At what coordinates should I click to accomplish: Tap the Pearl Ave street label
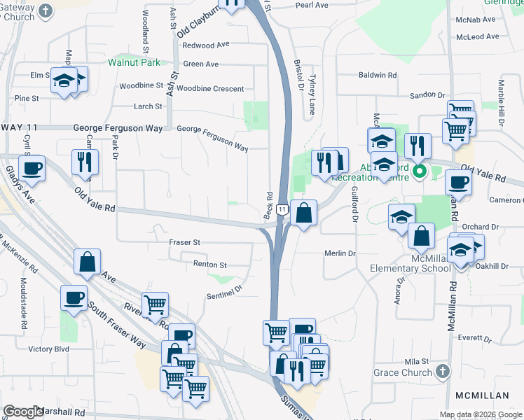(x=312, y=5)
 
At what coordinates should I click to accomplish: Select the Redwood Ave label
(x=206, y=45)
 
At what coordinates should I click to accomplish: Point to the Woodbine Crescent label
(x=210, y=89)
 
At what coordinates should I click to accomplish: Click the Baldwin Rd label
(x=378, y=75)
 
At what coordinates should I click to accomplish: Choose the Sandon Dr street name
(x=427, y=94)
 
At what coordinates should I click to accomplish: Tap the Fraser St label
(x=185, y=242)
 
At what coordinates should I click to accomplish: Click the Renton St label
(x=210, y=265)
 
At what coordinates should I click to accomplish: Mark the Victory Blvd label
(x=48, y=349)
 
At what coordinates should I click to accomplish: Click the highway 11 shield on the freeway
(x=281, y=209)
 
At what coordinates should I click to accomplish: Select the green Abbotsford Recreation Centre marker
(x=420, y=170)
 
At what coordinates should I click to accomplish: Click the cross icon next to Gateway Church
(x=47, y=10)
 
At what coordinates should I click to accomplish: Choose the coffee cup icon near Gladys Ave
(x=32, y=168)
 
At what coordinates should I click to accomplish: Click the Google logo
(x=22, y=411)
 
